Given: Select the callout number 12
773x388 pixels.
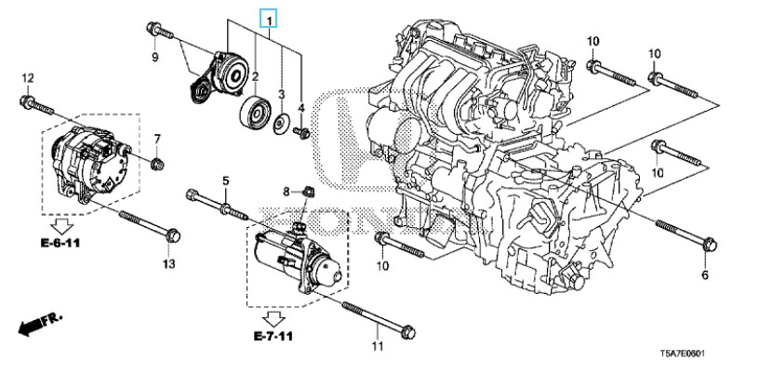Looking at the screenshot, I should click(27, 77).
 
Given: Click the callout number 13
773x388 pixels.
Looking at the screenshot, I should click(168, 265).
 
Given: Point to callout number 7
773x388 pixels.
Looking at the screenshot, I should click(157, 140).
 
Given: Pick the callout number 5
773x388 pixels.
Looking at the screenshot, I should click(224, 180).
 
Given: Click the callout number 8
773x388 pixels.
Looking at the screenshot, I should click(287, 191).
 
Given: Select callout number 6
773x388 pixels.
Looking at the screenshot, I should click(704, 276).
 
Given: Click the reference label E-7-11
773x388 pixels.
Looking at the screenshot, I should click(273, 333).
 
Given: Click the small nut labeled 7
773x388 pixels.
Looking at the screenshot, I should click(157, 165).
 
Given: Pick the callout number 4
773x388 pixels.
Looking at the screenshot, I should click(301, 109).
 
